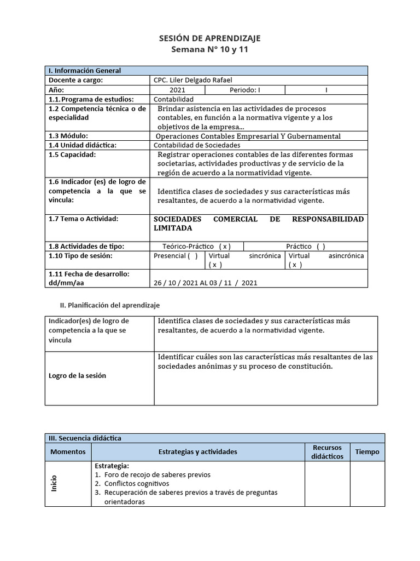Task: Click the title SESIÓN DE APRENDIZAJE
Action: pos(209,38)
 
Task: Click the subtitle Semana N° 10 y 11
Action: pos(209,49)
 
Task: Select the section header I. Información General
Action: pos(85,71)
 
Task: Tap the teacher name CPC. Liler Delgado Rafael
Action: pos(189,81)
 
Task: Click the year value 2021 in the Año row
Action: pos(177,90)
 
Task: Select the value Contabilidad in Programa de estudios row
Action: pos(174,99)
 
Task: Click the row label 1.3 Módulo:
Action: pos(68,136)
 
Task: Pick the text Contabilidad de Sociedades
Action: pos(197,145)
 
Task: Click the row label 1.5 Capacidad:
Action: pos(72,154)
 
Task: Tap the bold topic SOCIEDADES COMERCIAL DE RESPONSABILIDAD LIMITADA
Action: pos(258,223)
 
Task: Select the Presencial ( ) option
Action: pos(176,256)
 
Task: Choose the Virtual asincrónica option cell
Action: pos(326,260)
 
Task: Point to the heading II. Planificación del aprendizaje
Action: pos(109,305)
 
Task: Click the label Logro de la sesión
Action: pos(78,376)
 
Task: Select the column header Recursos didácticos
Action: pos(328,452)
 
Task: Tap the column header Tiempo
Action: pos(367,452)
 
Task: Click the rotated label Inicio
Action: pos(54,483)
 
